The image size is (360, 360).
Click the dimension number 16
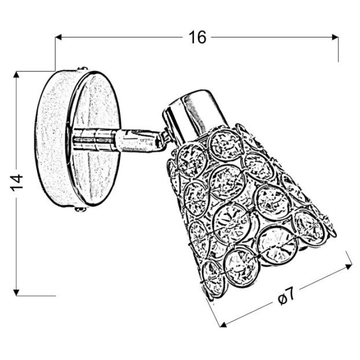click(x=197, y=37)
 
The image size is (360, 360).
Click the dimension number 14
click(x=16, y=183)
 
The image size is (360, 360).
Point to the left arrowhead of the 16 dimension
click(x=59, y=37)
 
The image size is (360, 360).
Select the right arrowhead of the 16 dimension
click(x=335, y=37)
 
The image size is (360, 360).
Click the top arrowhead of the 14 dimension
click(x=16, y=75)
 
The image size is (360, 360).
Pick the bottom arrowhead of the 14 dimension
click(x=16, y=292)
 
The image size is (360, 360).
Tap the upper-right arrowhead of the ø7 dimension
click(x=349, y=266)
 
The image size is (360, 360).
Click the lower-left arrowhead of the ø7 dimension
click(x=223, y=325)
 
